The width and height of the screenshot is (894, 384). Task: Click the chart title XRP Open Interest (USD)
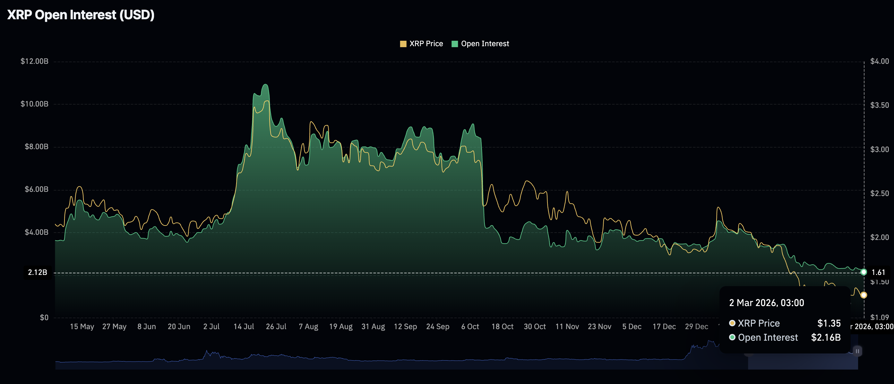pyautogui.click(x=81, y=15)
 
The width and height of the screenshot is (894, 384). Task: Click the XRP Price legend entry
pyautogui.click(x=421, y=44)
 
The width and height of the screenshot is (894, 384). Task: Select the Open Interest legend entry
pyautogui.click(x=480, y=44)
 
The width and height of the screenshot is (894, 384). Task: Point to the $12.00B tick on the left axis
pyautogui.click(x=34, y=61)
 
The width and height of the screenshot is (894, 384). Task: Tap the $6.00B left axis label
pyautogui.click(x=36, y=189)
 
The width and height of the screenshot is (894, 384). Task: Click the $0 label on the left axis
pyautogui.click(x=44, y=317)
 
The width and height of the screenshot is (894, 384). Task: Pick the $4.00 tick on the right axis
pyautogui.click(x=880, y=61)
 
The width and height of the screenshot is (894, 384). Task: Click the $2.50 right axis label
pyautogui.click(x=880, y=193)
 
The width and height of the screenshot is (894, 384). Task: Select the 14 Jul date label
pyautogui.click(x=244, y=327)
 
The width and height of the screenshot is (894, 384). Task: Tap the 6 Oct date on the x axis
pyautogui.click(x=470, y=327)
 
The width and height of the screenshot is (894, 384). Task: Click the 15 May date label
pyautogui.click(x=82, y=327)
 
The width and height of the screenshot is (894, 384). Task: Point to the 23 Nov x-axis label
pyautogui.click(x=599, y=327)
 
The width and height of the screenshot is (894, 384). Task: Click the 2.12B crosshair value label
pyautogui.click(x=38, y=273)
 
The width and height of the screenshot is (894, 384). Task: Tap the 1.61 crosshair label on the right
pyautogui.click(x=878, y=273)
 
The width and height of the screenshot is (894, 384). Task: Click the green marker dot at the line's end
pyautogui.click(x=864, y=272)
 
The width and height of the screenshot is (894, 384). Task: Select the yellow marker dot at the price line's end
pyautogui.click(x=864, y=295)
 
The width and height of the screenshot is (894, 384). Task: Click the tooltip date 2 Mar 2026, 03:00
pyautogui.click(x=766, y=303)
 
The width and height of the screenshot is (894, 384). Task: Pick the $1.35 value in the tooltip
pyautogui.click(x=829, y=323)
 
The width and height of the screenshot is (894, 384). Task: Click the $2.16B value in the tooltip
pyautogui.click(x=826, y=337)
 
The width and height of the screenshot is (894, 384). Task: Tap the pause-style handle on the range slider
pyautogui.click(x=857, y=351)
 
